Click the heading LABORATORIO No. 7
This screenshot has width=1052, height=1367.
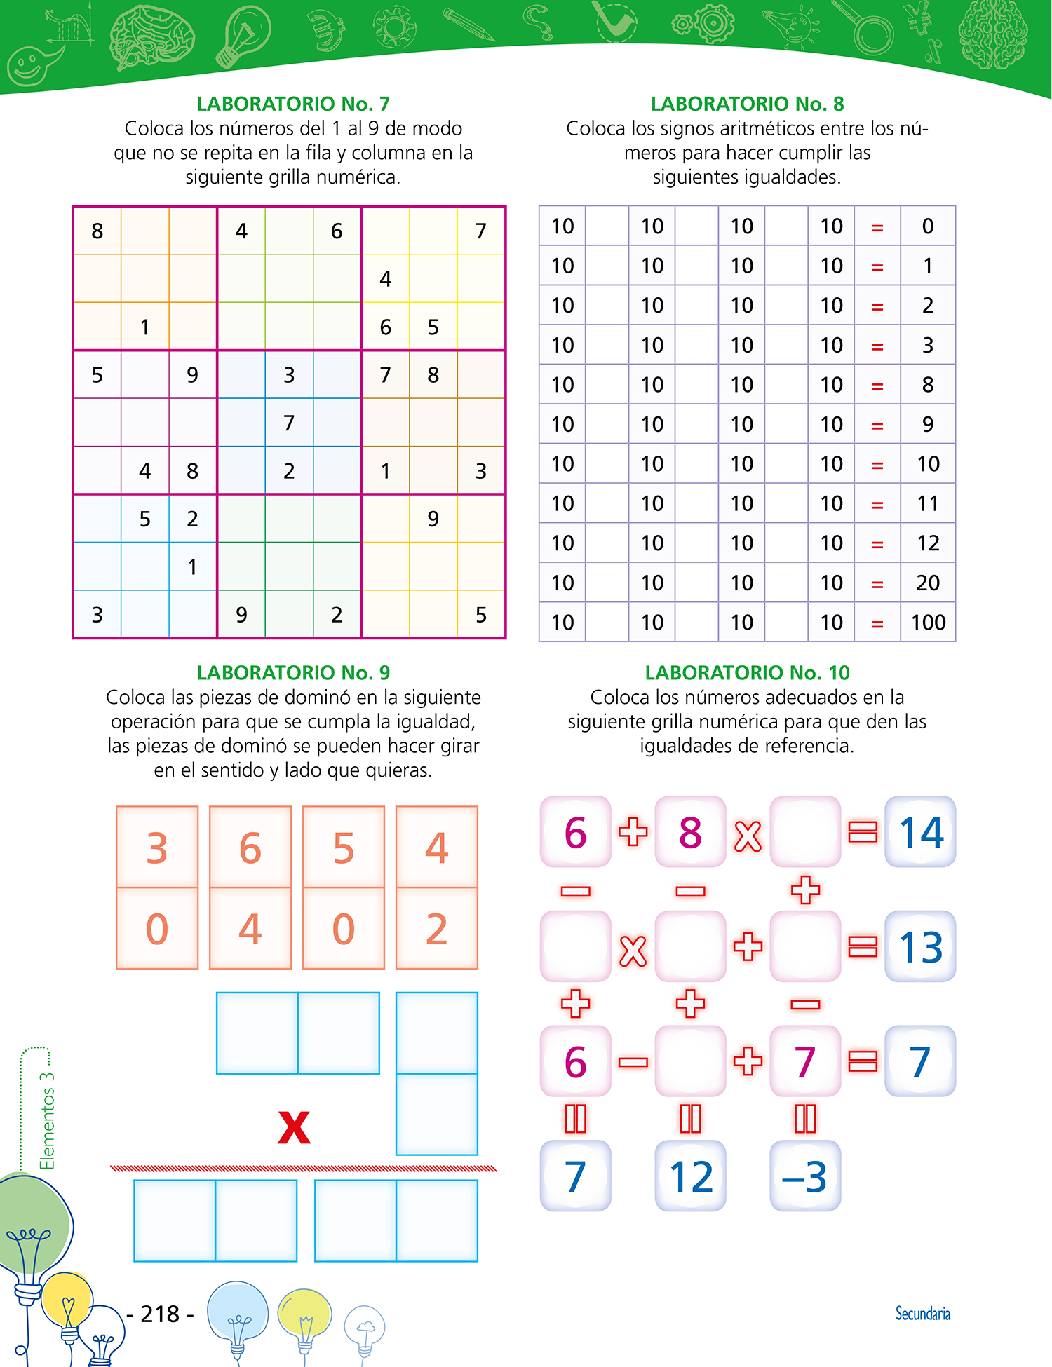pos(292,104)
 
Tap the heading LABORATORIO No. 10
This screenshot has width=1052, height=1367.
pos(747,672)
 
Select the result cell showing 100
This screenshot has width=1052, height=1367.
pos(928,622)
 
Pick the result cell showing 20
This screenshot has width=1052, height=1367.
pos(927,583)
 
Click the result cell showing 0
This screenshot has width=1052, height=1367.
pos(927,226)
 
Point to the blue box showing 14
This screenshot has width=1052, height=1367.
pos(920,832)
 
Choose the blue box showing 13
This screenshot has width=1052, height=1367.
pos(920,947)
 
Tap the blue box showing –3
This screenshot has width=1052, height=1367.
pos(805,1176)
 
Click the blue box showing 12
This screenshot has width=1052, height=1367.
pos(690,1176)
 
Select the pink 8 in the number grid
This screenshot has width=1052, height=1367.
pos(690,832)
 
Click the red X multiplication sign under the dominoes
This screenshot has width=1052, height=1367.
pos(294,1127)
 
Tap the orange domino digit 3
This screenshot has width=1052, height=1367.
pos(157,848)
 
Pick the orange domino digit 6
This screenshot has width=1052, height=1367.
pos(250,848)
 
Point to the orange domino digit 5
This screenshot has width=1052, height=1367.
pos(344,848)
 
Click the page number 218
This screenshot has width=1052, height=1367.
pos(161,1314)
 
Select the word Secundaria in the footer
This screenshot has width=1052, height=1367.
pos(922,1313)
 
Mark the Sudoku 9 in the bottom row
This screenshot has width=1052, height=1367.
pos(241,615)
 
